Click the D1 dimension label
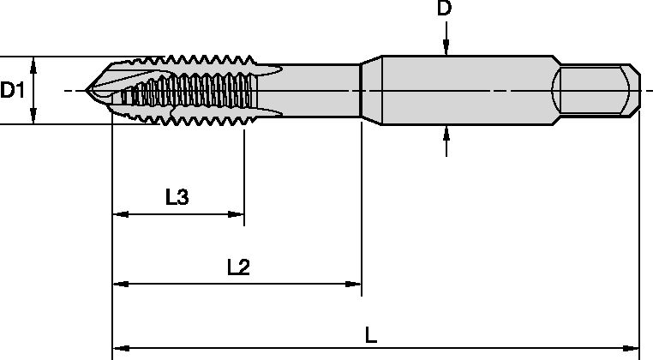(x=12, y=90)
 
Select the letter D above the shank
(x=445, y=10)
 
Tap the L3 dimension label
(x=177, y=197)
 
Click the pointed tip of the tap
(x=87, y=90)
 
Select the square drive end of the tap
(x=596, y=89)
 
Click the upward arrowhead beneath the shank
(x=446, y=132)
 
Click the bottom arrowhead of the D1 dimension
(x=33, y=117)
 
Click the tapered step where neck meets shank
(x=370, y=89)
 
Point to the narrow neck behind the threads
(x=321, y=89)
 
